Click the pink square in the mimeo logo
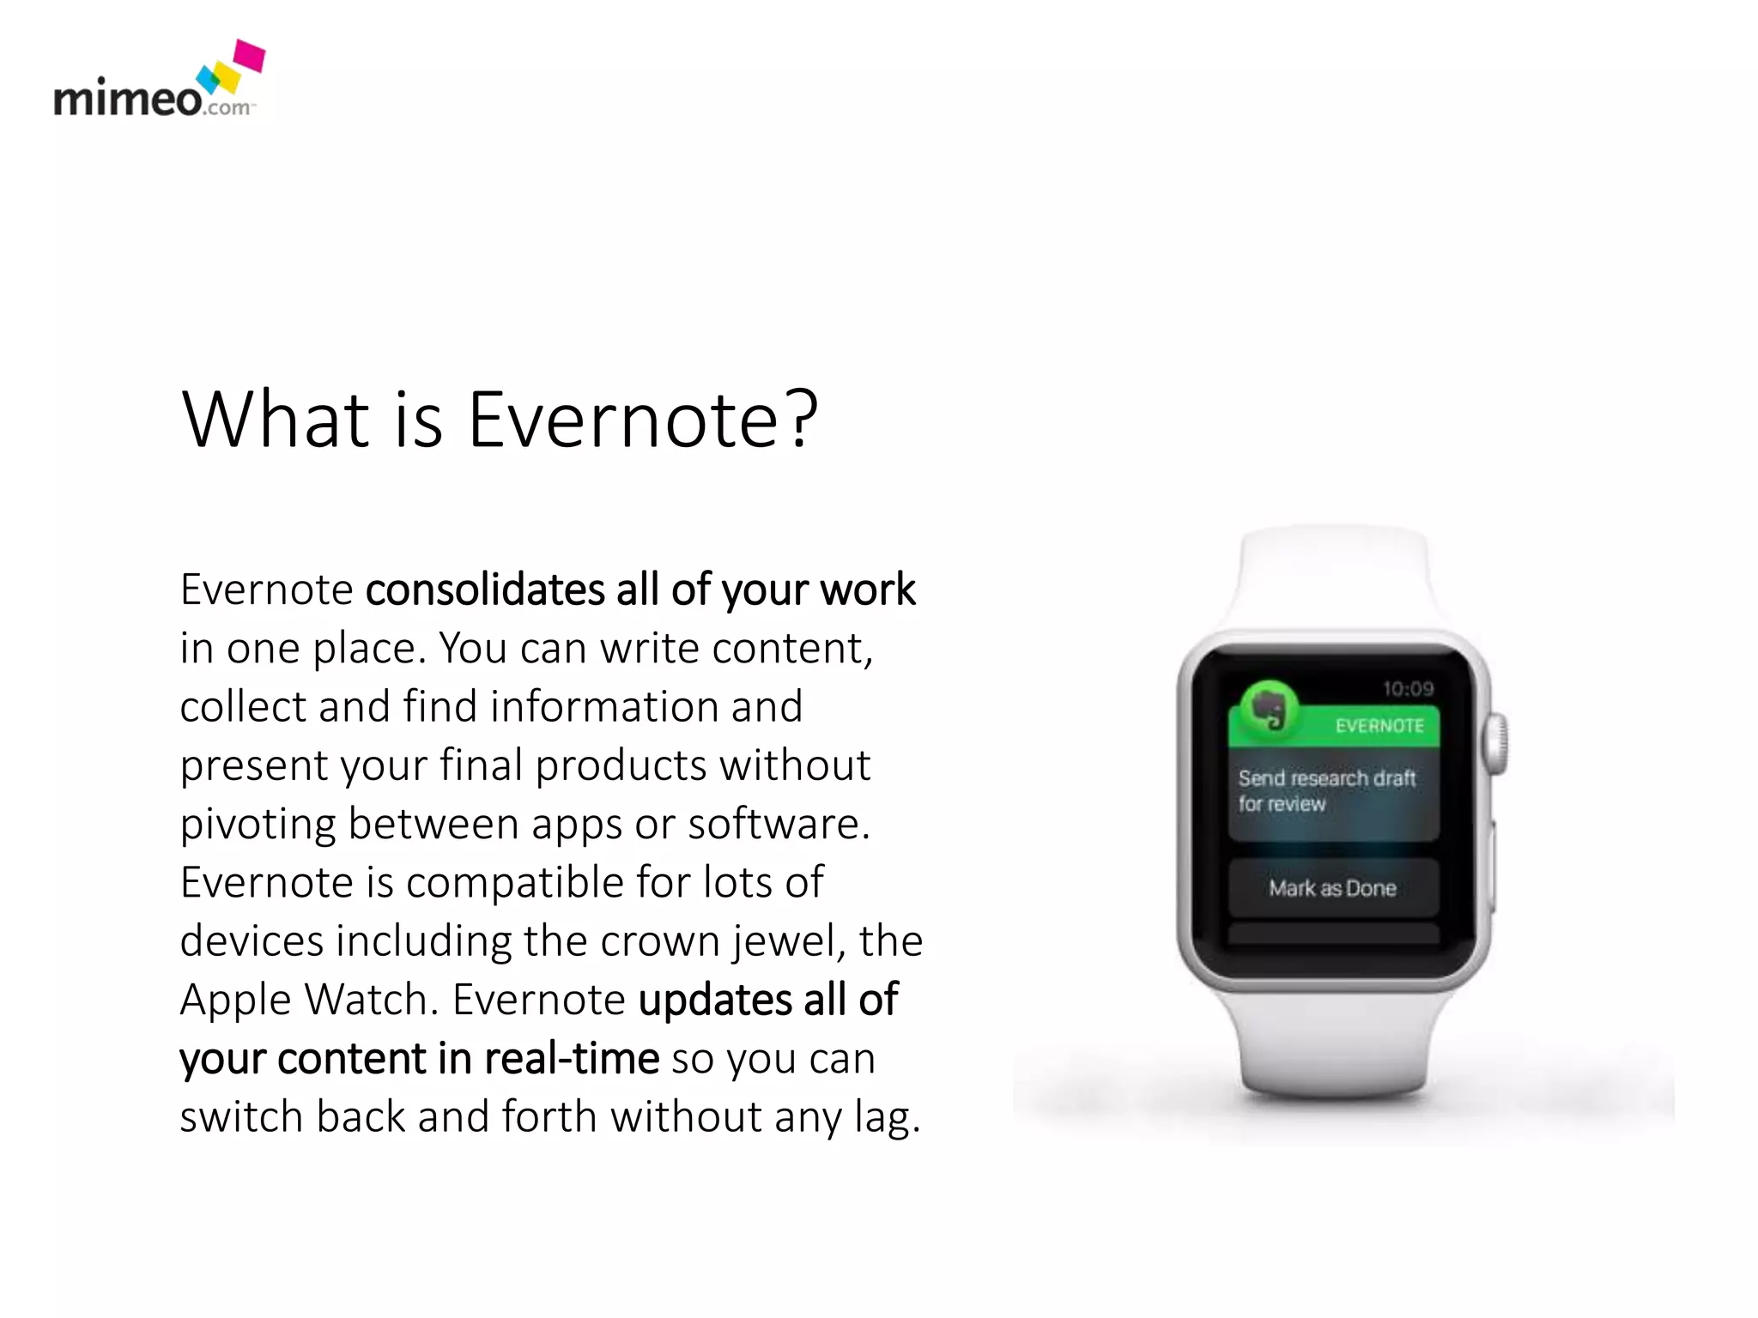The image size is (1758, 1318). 250,56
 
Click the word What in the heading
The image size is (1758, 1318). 276,420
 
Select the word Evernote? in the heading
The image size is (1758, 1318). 643,420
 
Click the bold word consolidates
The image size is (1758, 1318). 485,589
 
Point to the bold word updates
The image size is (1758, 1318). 716,1000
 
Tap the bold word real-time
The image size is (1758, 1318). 572,1058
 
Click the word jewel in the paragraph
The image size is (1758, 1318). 782,941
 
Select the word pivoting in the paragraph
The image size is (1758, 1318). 258,825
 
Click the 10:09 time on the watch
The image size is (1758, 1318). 1408,688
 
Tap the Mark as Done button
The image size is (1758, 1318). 1332,888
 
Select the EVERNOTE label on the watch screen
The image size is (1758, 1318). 1379,726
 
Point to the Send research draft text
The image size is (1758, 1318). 1326,778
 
